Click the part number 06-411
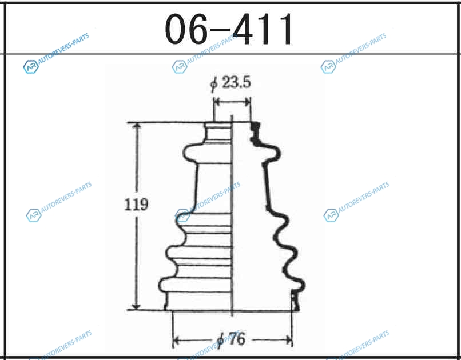[229, 29]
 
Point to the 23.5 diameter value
[237, 82]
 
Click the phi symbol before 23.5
[214, 83]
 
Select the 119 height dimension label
[136, 205]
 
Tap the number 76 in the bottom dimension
[236, 339]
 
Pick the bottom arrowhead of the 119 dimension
[137, 305]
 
